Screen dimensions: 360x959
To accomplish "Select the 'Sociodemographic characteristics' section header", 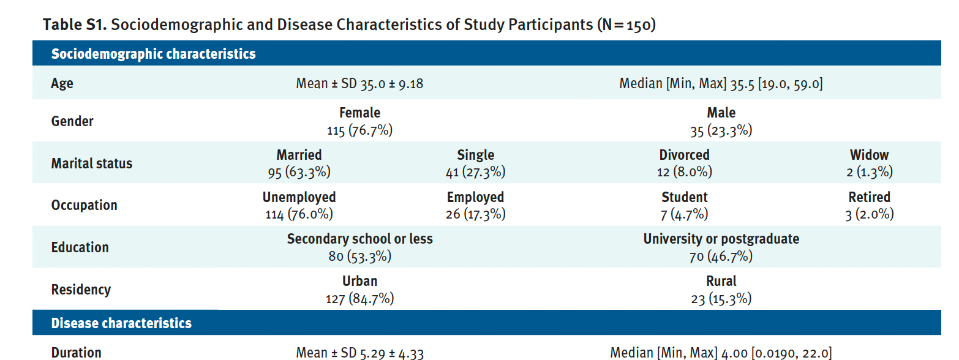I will coord(153,54).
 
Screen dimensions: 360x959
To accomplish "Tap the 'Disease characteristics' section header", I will coord(121,323).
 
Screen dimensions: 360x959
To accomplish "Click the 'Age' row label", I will coord(62,83).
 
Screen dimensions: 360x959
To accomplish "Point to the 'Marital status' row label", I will coord(91,163).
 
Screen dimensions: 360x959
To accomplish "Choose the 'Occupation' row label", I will coord(84,205).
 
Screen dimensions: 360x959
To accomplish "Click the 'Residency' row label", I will coord(81,290).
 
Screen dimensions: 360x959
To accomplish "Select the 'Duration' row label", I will coord(76,353).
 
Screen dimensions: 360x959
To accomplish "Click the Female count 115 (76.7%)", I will coord(359,130).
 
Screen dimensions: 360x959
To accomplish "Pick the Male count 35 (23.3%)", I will coord(721,130).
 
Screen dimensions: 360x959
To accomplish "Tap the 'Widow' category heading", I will coord(869,155).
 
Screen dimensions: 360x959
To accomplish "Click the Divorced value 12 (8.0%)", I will coord(684,172).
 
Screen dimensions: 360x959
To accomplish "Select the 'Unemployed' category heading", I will coord(299,197).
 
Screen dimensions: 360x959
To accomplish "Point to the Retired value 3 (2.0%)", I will coord(869,214).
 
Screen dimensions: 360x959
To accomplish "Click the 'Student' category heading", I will coord(684,197).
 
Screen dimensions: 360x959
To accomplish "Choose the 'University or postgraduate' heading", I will coord(721,239).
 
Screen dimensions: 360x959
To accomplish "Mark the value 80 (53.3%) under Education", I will coord(359,256).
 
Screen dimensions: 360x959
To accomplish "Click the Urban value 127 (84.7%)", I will coord(359,299).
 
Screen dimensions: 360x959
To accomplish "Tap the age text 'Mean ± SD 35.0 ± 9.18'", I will coord(359,83).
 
